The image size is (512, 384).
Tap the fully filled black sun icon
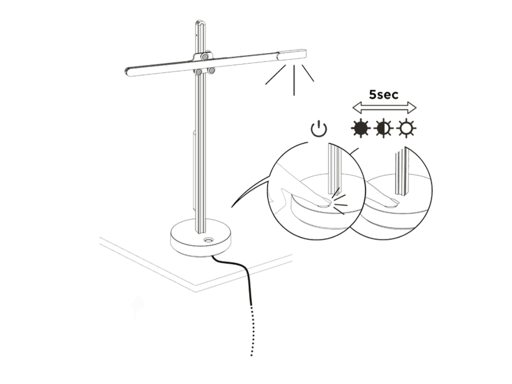361,128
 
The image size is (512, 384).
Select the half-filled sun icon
384,128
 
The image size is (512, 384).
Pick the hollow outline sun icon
407,128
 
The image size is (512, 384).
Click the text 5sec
384,95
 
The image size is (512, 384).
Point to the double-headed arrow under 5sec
384,107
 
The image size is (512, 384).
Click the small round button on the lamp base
208,240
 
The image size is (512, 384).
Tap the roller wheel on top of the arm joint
205,56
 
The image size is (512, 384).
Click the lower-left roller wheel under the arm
198,72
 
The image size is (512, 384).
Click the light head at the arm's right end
292,55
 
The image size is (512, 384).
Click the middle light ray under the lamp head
295,80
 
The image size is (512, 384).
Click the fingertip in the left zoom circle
325,205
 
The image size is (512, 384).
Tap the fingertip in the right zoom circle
393,203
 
